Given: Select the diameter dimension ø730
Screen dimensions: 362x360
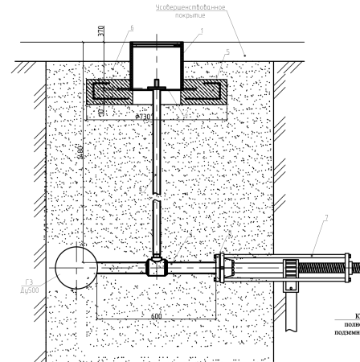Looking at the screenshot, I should pos(146,117).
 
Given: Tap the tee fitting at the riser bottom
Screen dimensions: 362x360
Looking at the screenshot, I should pos(155,266).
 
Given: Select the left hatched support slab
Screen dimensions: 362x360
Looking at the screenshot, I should pos(109,90).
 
